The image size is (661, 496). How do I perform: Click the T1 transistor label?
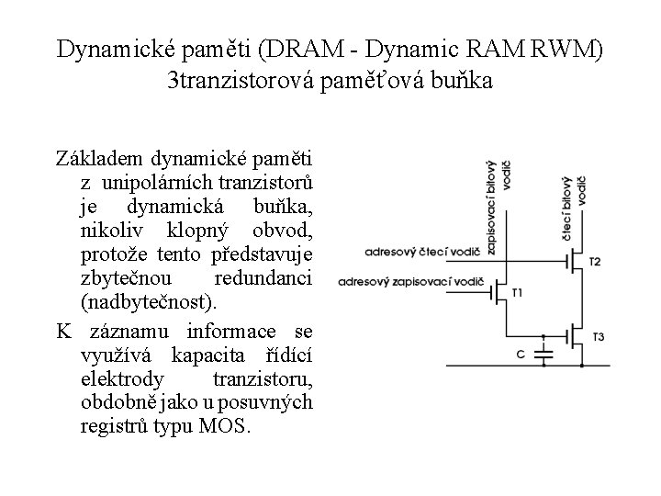coord(516,292)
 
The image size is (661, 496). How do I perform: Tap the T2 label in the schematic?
coord(595,262)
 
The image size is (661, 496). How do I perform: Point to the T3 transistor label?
coord(598,337)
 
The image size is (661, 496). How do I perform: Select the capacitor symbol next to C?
coord(543,350)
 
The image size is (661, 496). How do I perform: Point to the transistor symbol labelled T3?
coord(573,337)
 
